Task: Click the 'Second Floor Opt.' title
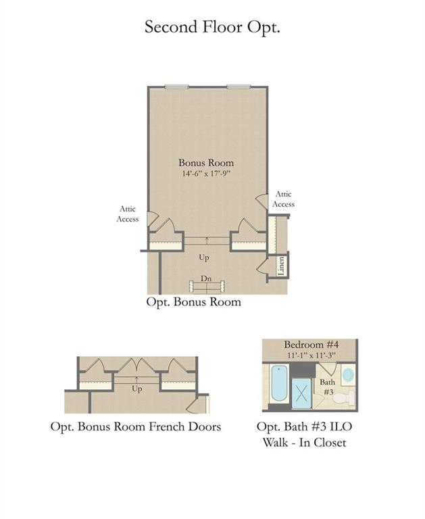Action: (x=212, y=27)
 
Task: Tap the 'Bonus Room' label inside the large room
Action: (x=206, y=162)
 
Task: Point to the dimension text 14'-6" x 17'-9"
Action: (x=206, y=174)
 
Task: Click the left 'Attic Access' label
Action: (x=128, y=214)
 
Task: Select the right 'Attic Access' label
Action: (x=283, y=199)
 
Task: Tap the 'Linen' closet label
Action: (x=281, y=266)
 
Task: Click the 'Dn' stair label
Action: (x=206, y=278)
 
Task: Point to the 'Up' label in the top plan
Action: (x=204, y=257)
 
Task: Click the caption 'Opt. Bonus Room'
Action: (x=194, y=302)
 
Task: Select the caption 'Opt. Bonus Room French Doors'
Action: (x=136, y=426)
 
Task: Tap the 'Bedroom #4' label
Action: (x=311, y=344)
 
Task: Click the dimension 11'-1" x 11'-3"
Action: (x=311, y=355)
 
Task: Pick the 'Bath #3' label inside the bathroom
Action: (x=327, y=387)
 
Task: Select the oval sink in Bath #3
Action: (x=348, y=375)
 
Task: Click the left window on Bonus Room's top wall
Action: (x=177, y=86)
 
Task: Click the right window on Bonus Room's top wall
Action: (x=239, y=86)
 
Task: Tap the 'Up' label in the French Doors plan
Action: (x=136, y=389)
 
